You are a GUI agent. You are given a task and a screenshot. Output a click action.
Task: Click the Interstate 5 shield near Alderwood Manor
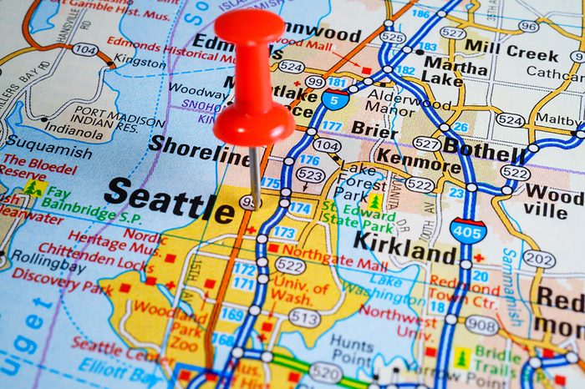[x=334, y=101]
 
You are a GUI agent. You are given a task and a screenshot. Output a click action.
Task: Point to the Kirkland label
[x=405, y=248]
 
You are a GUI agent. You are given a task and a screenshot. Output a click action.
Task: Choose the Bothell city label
[x=484, y=151]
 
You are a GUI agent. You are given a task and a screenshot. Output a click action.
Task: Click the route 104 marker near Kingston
[x=84, y=49]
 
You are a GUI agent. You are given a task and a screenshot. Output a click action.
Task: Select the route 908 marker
[x=482, y=324]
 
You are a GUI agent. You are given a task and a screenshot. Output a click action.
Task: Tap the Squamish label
[x=48, y=152]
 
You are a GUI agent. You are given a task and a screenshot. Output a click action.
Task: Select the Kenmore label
[x=418, y=160]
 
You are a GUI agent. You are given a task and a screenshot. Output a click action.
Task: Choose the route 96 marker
[x=527, y=26]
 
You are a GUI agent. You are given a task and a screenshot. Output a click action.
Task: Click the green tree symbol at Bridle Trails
[x=461, y=358]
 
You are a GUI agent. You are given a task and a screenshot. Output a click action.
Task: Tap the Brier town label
[x=374, y=128]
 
